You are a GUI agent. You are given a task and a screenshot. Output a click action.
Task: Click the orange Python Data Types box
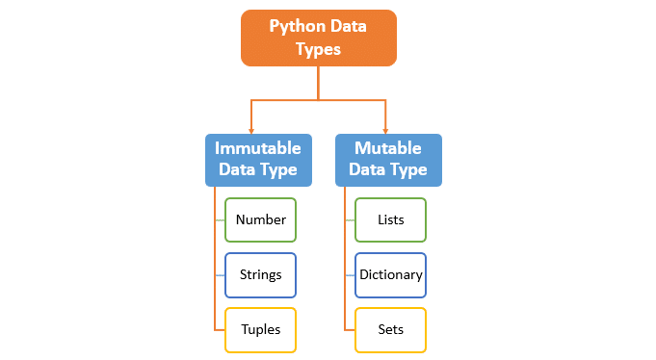coord(318,38)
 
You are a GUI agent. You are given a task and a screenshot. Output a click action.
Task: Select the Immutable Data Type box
coord(258,160)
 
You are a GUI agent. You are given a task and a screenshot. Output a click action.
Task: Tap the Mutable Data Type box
coord(388,160)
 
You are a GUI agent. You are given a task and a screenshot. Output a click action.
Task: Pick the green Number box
coord(260,219)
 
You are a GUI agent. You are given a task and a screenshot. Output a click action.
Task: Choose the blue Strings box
coord(260,274)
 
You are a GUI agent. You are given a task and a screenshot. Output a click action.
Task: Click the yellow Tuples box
coord(260,329)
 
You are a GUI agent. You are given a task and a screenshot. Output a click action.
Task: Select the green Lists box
coord(390,219)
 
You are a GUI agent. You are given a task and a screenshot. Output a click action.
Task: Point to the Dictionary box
coord(390,274)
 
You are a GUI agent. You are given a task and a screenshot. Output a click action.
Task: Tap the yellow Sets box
coord(390,329)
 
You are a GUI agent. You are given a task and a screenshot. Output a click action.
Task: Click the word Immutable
coord(258,148)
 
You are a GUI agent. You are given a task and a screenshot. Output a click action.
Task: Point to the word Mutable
coord(388,148)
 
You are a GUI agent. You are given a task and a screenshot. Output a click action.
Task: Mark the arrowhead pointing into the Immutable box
coord(250,130)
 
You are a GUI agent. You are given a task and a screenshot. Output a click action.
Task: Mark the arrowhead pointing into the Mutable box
coord(385,130)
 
